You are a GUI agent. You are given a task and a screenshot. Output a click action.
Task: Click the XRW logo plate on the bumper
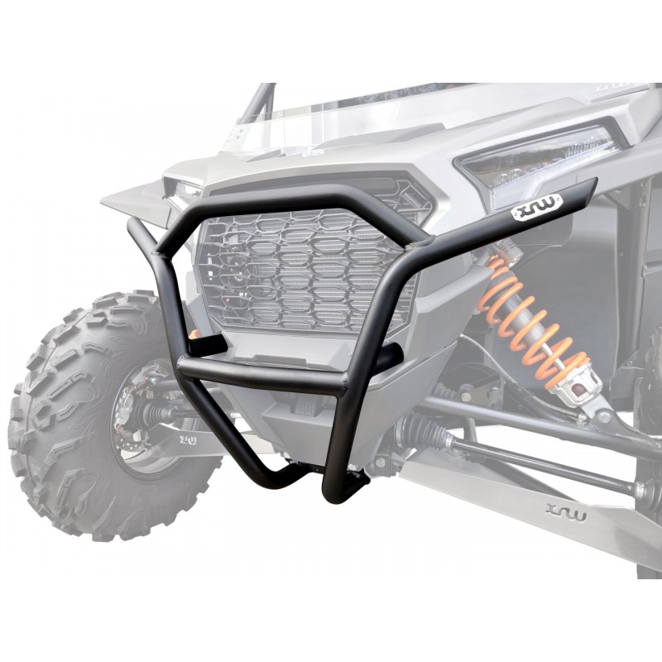click(x=529, y=212)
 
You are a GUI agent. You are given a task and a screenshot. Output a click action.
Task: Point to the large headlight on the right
click(x=538, y=161)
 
